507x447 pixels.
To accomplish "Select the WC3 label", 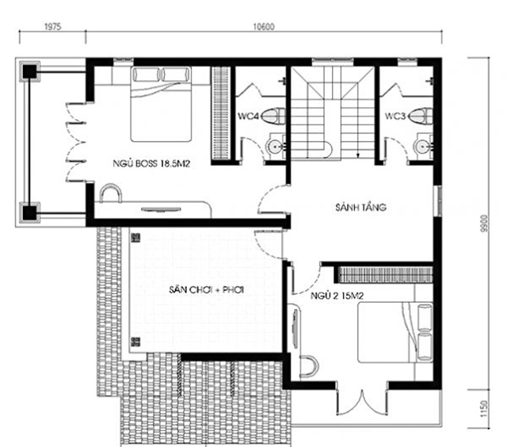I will tap(395, 116).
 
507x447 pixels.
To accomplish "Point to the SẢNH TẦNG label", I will tap(361, 208).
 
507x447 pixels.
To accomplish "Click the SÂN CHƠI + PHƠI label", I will tap(205, 291).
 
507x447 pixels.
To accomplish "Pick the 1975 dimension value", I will tap(53, 26).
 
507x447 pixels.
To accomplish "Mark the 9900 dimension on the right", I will tap(480, 226).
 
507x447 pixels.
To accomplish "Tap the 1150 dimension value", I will tap(480, 412).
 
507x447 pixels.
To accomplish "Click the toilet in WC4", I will tap(272, 117).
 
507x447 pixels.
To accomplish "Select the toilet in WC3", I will tap(420, 117).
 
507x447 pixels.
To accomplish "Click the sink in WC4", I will tap(275, 146).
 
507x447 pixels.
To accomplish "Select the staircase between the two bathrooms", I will tap(332, 111).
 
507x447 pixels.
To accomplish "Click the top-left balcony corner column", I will tap(29, 71).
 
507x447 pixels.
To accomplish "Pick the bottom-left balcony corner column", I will tap(29, 212).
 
